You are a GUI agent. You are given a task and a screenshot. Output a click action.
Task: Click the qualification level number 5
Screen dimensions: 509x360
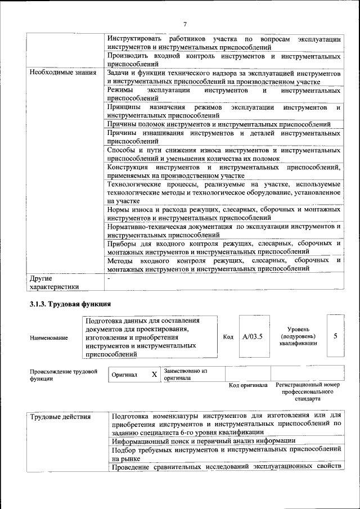click(335, 336)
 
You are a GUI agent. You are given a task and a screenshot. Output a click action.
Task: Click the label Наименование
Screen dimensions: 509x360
click(48, 337)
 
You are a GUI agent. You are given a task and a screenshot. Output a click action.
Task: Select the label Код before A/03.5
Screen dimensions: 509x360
click(228, 337)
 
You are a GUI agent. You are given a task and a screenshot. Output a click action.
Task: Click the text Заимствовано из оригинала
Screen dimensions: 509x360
click(186, 375)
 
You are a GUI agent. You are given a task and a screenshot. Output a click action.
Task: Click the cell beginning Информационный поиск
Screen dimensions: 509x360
click(203, 441)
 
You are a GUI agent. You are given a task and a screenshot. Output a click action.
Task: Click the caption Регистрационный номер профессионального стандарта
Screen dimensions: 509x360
click(308, 391)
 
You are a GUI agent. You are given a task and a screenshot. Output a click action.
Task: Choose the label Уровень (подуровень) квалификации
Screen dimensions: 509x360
click(298, 336)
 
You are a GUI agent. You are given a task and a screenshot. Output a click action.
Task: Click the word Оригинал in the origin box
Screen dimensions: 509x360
click(125, 375)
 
